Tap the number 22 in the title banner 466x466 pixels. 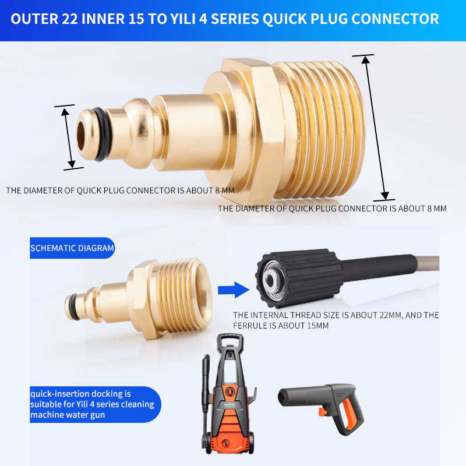click(69, 19)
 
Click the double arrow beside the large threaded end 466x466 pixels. click(375, 128)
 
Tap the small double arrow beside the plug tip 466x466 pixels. click(68, 137)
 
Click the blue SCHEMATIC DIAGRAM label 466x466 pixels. click(72, 248)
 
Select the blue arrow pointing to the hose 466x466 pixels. click(234, 290)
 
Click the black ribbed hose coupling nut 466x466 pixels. click(299, 278)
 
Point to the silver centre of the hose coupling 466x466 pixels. click(270, 280)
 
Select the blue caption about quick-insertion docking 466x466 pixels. click(95, 404)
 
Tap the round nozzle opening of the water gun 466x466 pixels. click(282, 397)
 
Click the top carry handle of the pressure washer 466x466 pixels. click(230, 340)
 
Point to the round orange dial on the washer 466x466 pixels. click(229, 390)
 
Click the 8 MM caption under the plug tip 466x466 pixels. click(121, 190)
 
